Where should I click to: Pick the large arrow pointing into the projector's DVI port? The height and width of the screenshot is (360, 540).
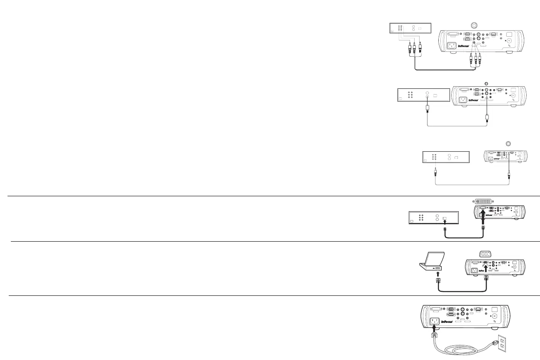pyautogui.click(x=482, y=218)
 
